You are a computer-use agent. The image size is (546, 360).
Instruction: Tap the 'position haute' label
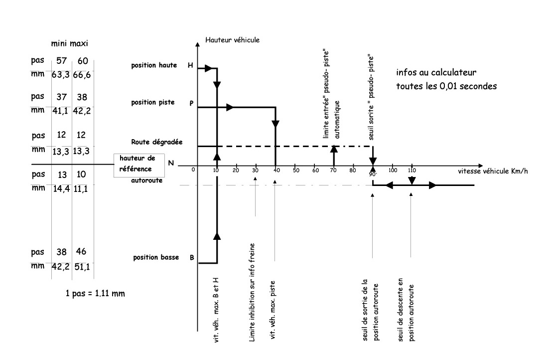coord(154,65)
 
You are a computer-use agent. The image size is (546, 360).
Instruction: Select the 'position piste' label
coord(153,102)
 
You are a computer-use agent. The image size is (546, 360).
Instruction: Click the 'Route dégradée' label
coord(150,142)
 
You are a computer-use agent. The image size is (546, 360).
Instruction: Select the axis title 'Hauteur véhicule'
coord(233,39)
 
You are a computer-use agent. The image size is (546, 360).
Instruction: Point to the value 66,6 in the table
coord(83,74)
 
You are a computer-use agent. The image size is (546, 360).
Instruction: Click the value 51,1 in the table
coord(83,266)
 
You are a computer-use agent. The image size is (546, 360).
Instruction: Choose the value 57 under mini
coord(62,61)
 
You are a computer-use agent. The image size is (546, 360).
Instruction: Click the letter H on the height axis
coord(190,65)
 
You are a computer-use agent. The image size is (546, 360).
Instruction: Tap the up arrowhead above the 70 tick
coord(334,149)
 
